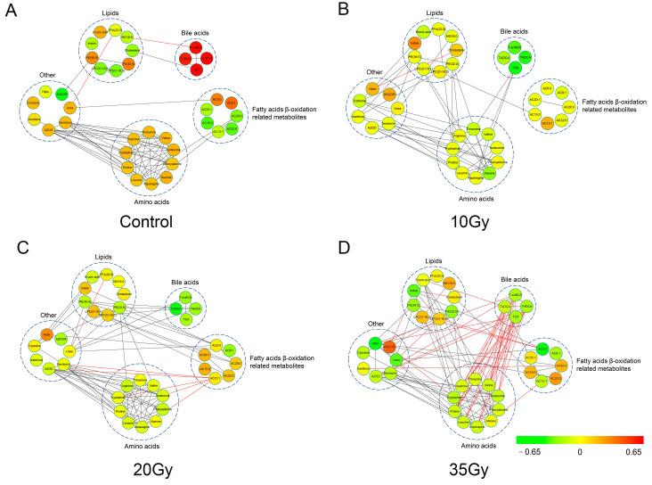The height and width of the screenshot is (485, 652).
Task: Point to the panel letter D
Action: tap(341, 251)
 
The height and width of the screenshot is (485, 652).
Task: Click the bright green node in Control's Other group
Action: tap(61, 94)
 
